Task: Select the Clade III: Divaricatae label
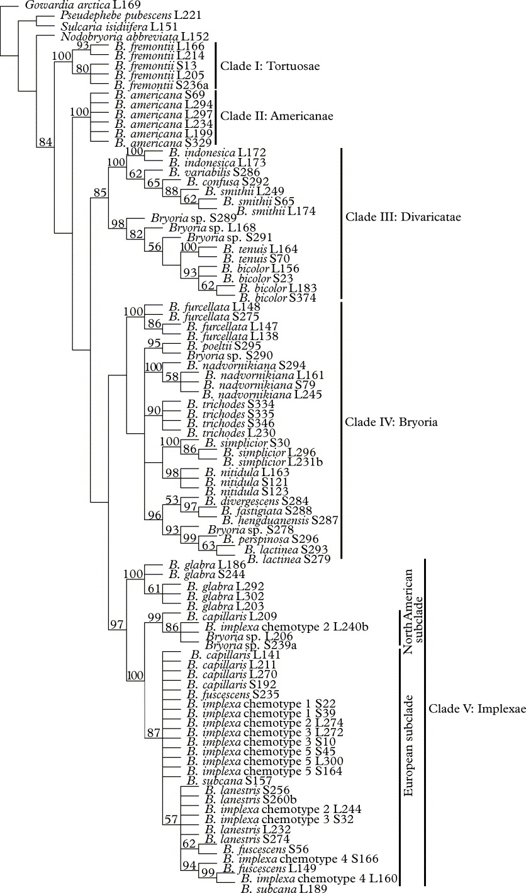403,217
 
